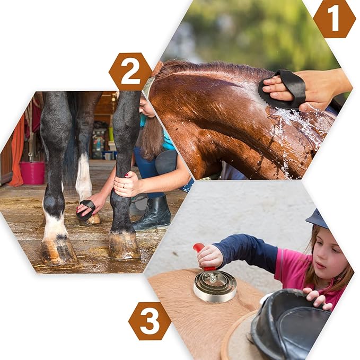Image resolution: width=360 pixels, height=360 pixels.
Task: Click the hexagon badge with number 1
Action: point(334,19)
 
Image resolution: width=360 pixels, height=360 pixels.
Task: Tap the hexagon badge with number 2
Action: point(130,72)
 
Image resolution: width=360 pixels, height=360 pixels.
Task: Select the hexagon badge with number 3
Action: point(150,321)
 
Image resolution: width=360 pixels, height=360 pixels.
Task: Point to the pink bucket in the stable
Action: point(32,173)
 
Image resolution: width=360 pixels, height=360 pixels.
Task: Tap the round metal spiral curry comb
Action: point(215,286)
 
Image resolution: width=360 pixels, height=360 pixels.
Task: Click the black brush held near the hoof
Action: point(85,209)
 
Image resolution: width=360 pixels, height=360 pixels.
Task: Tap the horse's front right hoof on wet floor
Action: point(124,245)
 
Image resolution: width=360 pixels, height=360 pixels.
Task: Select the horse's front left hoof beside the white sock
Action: point(59,252)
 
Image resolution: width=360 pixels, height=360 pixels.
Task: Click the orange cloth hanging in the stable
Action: point(17,152)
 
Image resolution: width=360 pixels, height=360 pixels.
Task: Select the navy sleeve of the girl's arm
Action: point(247,251)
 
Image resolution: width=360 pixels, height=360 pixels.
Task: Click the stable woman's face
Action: point(146,108)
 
